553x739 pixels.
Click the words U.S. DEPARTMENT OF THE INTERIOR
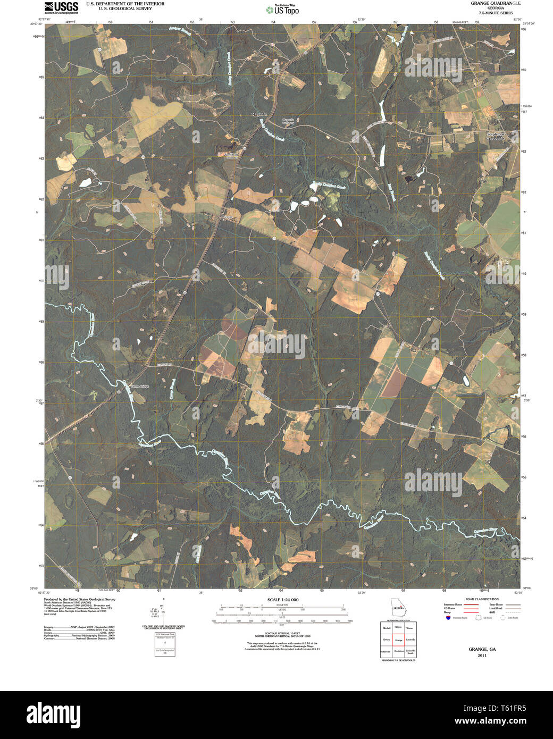coord(125,4)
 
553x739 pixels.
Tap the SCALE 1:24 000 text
coord(283,600)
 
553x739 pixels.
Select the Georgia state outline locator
coord(397,607)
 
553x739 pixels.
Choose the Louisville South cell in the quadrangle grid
coord(410,651)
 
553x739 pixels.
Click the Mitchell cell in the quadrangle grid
coord(386,628)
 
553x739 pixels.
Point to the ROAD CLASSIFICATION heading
coord(482,599)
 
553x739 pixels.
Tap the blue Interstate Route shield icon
coord(448,618)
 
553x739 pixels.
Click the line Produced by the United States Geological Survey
coord(79,599)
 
